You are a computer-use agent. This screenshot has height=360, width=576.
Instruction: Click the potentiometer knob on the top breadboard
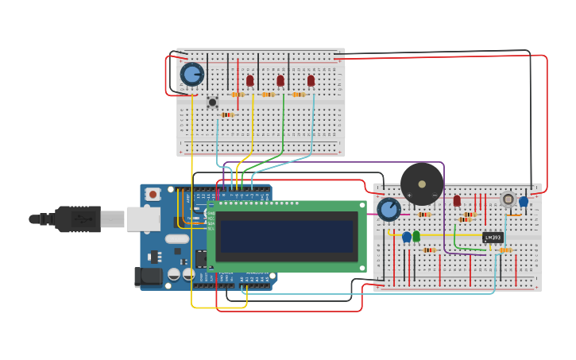point(192,75)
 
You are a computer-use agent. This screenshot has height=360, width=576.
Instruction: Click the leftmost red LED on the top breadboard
point(250,80)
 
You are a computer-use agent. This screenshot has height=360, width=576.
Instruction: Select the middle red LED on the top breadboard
point(280,80)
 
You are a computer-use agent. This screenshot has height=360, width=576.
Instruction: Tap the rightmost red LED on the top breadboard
point(311,80)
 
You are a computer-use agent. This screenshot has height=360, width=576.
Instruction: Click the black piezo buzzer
point(421,184)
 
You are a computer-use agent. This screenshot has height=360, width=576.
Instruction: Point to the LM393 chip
point(493,237)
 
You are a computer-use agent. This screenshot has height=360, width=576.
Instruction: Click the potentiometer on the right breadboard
point(389,209)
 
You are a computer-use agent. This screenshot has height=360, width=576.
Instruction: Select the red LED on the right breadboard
point(457,201)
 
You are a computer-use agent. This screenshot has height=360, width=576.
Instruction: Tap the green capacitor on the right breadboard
point(416,236)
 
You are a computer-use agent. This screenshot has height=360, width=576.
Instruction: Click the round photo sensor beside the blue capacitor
point(508,199)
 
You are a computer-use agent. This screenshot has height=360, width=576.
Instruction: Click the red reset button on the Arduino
point(153,194)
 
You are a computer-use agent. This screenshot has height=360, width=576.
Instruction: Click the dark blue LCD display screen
point(286,235)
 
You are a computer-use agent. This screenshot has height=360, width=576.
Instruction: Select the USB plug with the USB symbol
point(78,219)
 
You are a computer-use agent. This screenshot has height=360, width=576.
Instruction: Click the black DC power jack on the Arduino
point(148,277)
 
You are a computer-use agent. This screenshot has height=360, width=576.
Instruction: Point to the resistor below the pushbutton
point(227,115)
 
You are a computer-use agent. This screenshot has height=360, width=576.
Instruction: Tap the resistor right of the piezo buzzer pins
point(424,215)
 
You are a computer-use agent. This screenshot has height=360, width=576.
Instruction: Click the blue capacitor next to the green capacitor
point(407,237)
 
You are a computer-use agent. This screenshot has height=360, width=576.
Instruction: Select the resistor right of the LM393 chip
point(505,250)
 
